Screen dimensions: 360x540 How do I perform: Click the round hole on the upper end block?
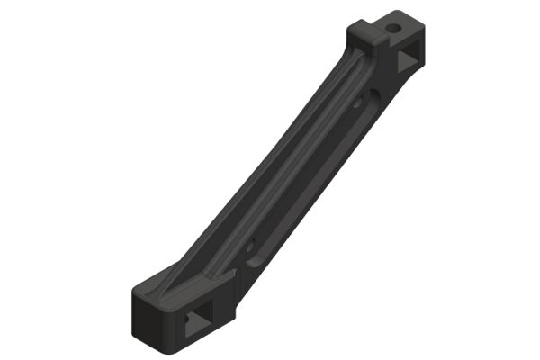click(393, 28)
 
